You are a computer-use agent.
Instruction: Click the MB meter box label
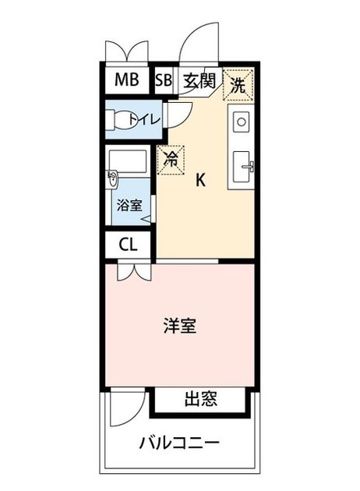[x=127, y=79]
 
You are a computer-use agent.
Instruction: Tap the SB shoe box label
[x=164, y=80]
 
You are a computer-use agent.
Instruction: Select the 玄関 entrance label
[x=199, y=81]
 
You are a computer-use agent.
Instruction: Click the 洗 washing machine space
[x=238, y=85]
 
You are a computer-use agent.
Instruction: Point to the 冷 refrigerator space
[x=171, y=160]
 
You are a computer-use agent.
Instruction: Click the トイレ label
[x=145, y=119]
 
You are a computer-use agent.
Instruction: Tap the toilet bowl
[x=121, y=119]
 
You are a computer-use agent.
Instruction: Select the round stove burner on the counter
[x=241, y=122]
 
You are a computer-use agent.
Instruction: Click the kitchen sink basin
[x=242, y=166]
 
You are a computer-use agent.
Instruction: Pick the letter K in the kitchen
[x=200, y=180]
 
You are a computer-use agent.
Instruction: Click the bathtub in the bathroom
[x=128, y=161]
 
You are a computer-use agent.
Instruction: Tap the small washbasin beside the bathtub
[x=112, y=180]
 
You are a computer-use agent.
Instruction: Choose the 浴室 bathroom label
[x=129, y=205]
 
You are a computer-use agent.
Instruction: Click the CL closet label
[x=128, y=245]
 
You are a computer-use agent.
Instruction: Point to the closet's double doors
[x=134, y=270]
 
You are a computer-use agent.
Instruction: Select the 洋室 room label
[x=180, y=326]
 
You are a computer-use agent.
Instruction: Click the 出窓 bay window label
[x=201, y=399]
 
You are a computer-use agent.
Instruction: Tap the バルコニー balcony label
[x=179, y=443]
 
